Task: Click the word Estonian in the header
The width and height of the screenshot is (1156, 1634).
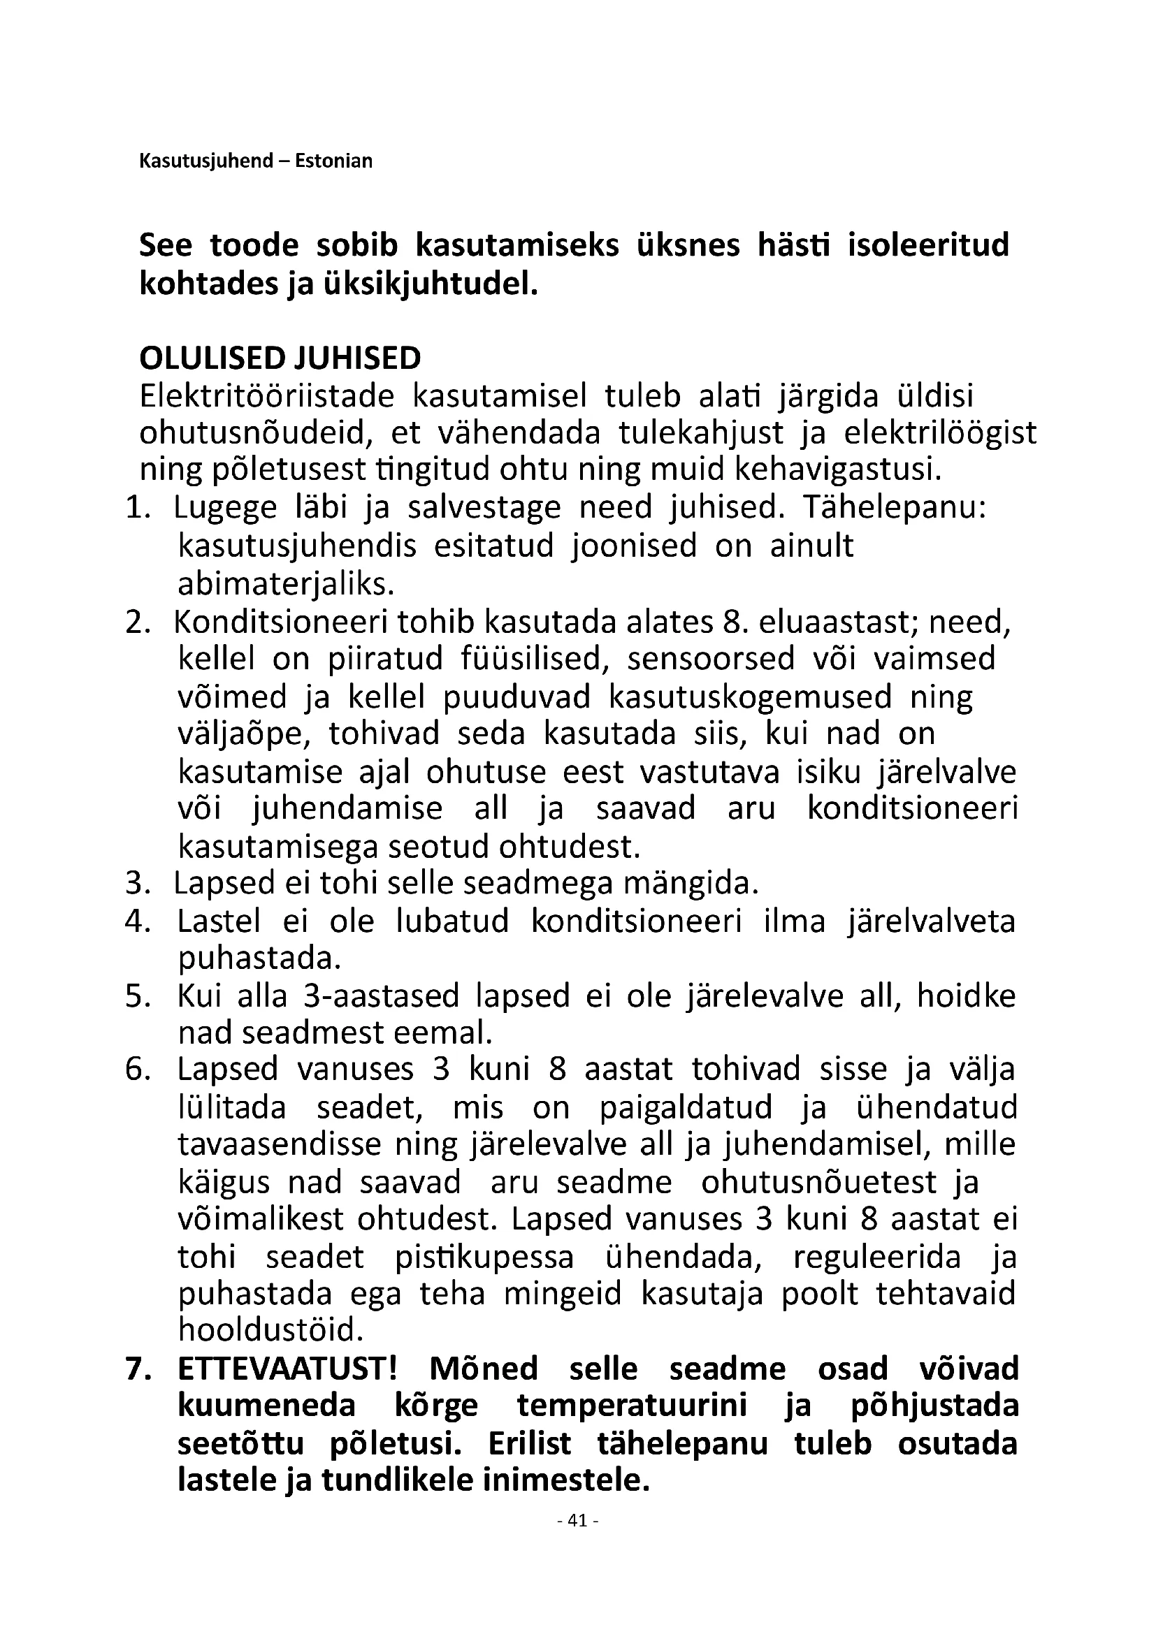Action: click(333, 161)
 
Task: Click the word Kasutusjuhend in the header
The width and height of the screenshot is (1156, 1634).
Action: click(206, 161)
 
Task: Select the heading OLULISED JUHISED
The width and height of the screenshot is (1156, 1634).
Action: click(280, 358)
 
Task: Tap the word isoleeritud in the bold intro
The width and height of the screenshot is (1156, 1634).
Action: click(928, 245)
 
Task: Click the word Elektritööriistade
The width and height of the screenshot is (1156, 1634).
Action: click(267, 395)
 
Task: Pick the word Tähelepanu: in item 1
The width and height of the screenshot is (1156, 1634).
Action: click(895, 508)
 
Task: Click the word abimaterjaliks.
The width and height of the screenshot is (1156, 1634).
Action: click(286, 583)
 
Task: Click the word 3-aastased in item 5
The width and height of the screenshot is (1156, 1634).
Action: click(382, 995)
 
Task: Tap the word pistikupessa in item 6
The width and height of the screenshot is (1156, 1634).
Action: click(484, 1257)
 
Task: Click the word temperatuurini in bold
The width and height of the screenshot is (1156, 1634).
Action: click(632, 1406)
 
